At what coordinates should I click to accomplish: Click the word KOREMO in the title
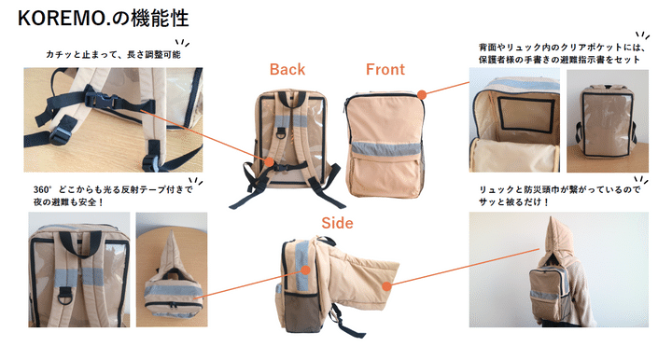point(62,19)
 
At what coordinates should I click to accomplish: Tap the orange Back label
point(287,69)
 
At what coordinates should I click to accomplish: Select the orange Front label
point(385,69)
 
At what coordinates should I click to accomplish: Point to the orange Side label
point(337,223)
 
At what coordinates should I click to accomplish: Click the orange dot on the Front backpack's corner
point(422,94)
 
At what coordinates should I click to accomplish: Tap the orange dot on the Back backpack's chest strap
point(269,161)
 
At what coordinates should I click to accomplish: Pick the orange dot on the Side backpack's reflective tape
point(305,270)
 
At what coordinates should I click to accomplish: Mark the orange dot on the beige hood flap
point(386,286)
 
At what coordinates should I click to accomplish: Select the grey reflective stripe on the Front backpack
point(385,148)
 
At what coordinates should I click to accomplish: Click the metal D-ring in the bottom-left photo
point(64,296)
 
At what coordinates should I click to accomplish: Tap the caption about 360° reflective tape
point(113,196)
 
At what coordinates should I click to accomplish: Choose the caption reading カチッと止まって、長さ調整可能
point(113,55)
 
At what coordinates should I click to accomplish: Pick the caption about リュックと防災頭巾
point(559,196)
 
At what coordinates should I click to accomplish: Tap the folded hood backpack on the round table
point(173,281)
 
